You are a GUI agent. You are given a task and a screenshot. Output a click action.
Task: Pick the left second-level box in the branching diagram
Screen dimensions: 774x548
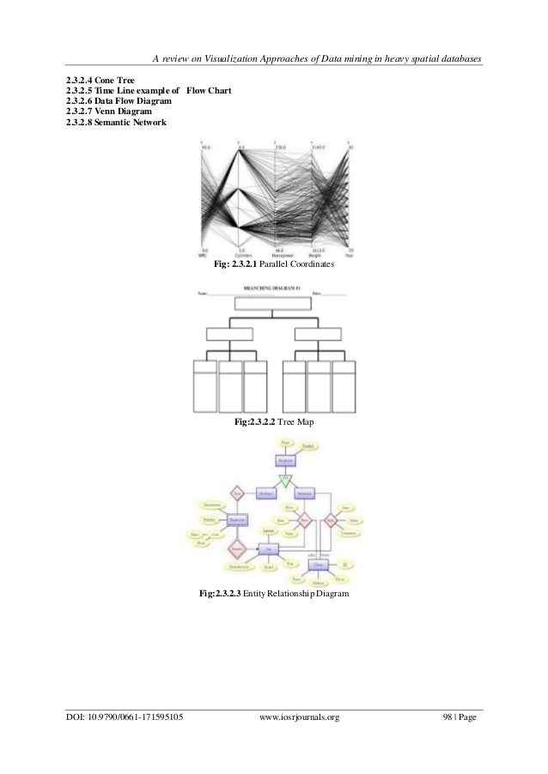(229, 334)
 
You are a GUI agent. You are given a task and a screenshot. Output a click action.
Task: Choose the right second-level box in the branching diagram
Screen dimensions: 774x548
(319, 334)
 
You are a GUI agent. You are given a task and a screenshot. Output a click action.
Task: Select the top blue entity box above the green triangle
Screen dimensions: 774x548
(285, 460)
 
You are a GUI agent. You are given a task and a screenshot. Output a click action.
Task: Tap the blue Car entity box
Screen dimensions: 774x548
(268, 548)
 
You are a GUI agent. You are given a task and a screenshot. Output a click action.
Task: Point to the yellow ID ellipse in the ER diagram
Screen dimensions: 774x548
(344, 564)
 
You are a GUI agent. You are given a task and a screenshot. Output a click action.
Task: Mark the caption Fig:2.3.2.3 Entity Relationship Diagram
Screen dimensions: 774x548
(273, 592)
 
